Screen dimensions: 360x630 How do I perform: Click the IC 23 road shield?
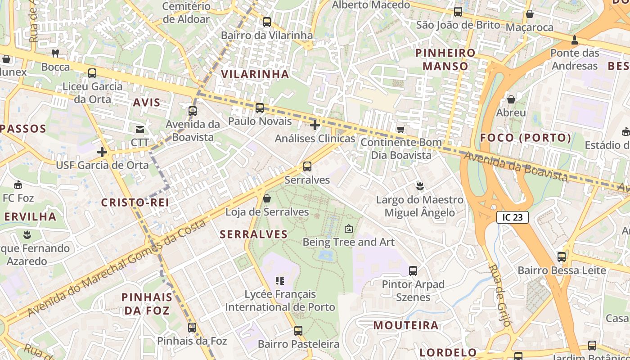[x=512, y=217]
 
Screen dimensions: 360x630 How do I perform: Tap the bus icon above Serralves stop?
[x=307, y=166]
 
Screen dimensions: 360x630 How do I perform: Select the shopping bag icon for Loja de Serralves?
[x=267, y=198]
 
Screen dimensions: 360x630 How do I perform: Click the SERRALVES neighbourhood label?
[x=254, y=234]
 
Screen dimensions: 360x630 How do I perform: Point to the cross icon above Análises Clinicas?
[x=315, y=125]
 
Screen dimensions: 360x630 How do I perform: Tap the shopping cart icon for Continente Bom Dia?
[x=400, y=129]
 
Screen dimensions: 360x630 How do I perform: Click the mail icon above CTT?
[x=140, y=130]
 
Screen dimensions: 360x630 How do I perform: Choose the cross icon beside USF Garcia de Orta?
[x=102, y=152]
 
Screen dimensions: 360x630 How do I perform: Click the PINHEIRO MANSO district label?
[x=445, y=59]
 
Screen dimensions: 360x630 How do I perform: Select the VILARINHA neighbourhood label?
[x=255, y=74]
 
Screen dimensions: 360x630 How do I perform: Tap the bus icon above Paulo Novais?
[x=260, y=108]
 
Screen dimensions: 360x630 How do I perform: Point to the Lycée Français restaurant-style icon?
[x=280, y=281]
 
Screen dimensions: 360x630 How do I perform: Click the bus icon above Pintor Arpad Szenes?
[x=413, y=271]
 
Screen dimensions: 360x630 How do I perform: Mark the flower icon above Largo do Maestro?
[x=420, y=185]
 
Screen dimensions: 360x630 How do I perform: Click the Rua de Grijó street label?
[x=500, y=295]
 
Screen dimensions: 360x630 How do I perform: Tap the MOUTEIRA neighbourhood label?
[x=406, y=325]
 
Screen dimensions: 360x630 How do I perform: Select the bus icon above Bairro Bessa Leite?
[x=562, y=257]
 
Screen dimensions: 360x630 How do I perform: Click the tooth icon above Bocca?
[x=56, y=53]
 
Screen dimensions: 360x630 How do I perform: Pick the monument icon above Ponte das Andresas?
[x=574, y=40]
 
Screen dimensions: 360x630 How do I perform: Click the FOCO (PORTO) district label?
[x=526, y=138]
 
